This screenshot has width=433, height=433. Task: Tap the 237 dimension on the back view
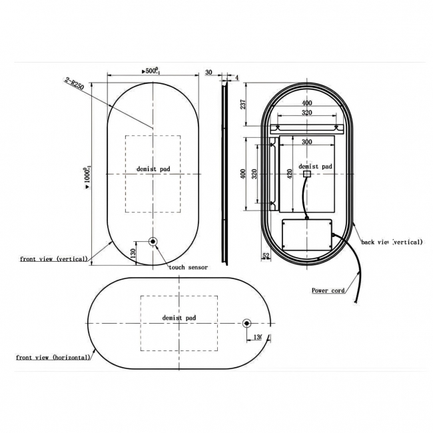[244, 104]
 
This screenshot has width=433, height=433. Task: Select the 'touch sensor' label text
[188, 267]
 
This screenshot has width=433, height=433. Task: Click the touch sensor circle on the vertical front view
[153, 242]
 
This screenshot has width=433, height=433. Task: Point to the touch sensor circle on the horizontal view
[247, 324]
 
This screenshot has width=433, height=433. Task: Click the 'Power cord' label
[328, 290]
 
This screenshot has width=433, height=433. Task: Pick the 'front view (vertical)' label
[54, 258]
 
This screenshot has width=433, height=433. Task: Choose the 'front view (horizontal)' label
[53, 358]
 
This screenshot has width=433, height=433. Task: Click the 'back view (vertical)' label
[392, 242]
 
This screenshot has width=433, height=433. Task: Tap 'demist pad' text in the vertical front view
[153, 169]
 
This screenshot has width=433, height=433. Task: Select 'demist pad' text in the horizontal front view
[180, 318]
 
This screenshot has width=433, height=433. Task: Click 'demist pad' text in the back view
[315, 167]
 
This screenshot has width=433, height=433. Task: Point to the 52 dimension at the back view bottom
[266, 254]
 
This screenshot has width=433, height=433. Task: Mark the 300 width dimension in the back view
[306, 142]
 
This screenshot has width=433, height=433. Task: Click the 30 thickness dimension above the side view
[209, 73]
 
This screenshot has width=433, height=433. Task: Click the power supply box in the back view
[306, 236]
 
